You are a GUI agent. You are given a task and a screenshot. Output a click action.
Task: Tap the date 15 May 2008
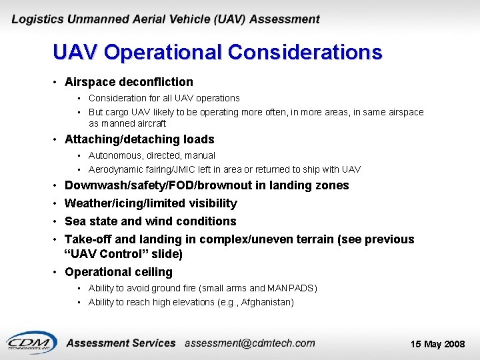tap(437, 344)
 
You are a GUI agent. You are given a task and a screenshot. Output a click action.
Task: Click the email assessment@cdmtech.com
tap(249, 343)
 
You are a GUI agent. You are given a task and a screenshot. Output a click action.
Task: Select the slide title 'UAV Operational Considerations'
tap(217, 53)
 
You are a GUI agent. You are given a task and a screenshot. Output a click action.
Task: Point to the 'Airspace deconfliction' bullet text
tap(129, 82)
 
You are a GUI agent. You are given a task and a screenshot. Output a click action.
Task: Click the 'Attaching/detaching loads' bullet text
tap(139, 139)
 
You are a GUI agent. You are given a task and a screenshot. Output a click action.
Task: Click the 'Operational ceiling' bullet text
tap(119, 272)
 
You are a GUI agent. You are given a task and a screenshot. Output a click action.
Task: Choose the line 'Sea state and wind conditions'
tap(150, 221)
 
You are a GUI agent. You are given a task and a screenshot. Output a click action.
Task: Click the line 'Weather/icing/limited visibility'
tap(151, 203)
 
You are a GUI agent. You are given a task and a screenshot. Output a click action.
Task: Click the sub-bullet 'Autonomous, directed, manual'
tap(152, 155)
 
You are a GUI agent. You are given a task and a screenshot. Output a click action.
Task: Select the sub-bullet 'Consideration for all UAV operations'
tap(164, 98)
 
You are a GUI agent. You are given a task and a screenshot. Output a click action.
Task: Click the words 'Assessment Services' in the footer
tap(121, 343)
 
